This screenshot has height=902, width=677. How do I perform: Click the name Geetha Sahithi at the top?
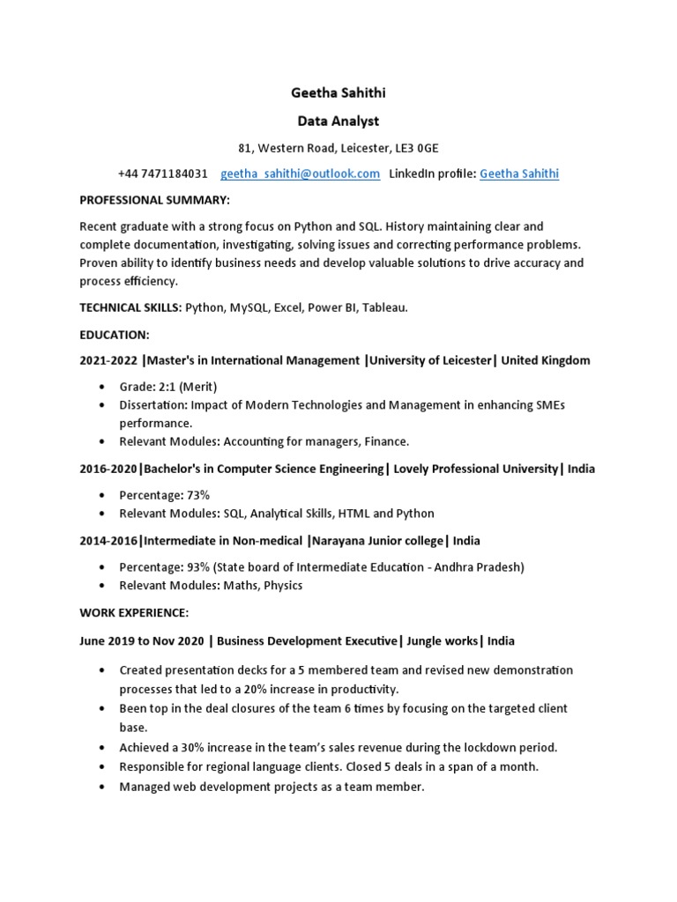click(x=338, y=93)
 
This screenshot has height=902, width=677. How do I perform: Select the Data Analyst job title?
click(x=338, y=121)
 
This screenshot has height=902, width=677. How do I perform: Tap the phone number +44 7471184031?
click(x=163, y=174)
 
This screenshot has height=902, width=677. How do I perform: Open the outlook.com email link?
click(x=301, y=174)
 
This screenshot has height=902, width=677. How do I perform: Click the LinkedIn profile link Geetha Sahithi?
click(x=519, y=174)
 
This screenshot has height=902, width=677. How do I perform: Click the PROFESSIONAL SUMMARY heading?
click(x=154, y=200)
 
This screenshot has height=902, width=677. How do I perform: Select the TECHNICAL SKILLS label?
click(x=129, y=307)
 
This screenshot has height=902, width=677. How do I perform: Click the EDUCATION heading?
click(x=115, y=335)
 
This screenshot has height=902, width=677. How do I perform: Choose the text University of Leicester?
click(x=429, y=360)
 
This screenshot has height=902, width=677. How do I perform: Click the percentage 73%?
click(x=198, y=495)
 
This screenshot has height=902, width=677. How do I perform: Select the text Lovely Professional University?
click(x=476, y=469)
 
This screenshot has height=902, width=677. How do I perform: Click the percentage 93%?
click(x=198, y=567)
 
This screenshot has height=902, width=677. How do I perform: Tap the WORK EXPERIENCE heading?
click(x=134, y=612)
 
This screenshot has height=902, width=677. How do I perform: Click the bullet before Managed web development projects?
click(x=102, y=787)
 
